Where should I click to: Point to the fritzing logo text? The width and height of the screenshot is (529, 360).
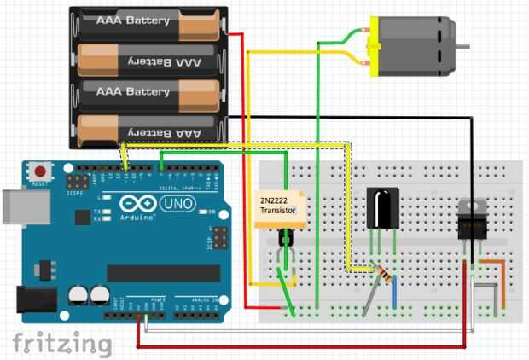tap(61, 343)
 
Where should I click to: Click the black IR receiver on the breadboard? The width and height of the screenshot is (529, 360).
tap(381, 208)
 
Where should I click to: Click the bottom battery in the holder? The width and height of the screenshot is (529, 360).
tap(148, 132)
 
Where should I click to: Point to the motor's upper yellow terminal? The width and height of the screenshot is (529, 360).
tap(367, 33)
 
